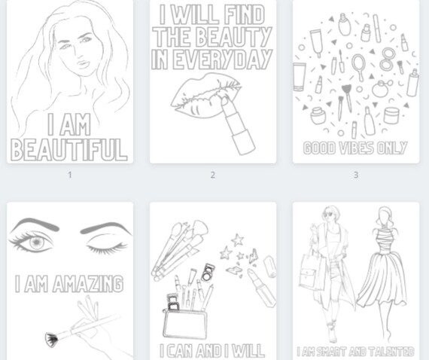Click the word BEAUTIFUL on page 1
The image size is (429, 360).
click(x=69, y=150)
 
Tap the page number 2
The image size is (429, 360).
click(x=212, y=175)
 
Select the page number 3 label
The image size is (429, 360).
click(x=356, y=175)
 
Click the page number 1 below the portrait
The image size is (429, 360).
click(x=70, y=175)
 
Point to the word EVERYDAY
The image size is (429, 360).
click(x=223, y=59)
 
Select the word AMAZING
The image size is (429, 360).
click(x=88, y=284)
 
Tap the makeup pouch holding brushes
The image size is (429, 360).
click(x=185, y=324)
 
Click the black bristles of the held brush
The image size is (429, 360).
click(x=51, y=340)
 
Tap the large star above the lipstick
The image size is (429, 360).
click(x=238, y=240)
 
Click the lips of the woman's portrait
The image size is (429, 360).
click(x=84, y=64)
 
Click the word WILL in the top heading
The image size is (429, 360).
click(x=196, y=15)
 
